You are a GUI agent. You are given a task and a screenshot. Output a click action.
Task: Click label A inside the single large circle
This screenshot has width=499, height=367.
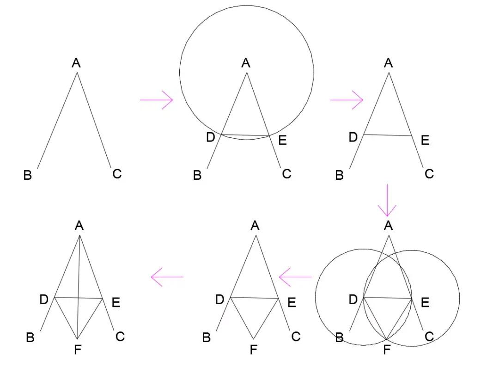[246, 63]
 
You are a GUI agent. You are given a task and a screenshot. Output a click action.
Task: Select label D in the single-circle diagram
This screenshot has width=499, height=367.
[211, 137]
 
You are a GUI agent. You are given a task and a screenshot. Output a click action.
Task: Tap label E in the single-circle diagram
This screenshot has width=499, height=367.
[282, 141]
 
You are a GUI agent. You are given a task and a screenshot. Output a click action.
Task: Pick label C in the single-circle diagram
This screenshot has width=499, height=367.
[286, 174]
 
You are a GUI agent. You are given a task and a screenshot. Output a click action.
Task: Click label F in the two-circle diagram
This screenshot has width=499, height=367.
[387, 350]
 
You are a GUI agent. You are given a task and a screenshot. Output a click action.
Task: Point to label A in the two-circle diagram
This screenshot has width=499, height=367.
[388, 226]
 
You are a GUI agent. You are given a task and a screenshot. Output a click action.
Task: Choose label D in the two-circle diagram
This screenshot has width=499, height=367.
[353, 300]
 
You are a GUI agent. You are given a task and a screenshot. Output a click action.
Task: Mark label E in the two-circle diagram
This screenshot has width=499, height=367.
[425, 302]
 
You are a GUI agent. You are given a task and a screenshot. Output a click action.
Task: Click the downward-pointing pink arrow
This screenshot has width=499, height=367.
[387, 200]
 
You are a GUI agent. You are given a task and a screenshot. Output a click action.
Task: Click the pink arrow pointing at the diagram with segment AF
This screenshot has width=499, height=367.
[167, 277]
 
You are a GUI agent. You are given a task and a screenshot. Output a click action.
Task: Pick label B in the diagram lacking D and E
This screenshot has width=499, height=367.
[28, 176]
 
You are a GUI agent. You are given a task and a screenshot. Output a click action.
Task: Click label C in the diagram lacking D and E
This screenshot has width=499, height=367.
[117, 174]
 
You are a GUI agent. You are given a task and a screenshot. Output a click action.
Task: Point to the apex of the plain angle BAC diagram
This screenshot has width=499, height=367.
[77, 73]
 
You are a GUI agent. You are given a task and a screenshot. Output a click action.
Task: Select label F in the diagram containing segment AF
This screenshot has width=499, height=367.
[78, 350]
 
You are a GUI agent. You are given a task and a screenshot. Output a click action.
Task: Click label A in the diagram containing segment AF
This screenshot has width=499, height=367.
[79, 226]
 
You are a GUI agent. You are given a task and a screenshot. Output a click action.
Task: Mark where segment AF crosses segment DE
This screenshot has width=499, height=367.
[79, 298]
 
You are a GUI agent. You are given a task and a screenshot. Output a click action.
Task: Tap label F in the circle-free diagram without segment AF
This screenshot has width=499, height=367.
[253, 350]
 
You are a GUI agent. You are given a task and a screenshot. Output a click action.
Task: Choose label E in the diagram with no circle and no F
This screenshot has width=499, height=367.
[425, 140]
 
